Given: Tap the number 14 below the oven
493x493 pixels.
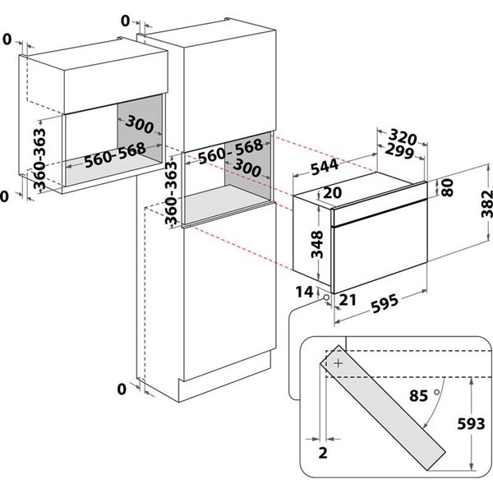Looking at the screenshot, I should pyautogui.click(x=305, y=292).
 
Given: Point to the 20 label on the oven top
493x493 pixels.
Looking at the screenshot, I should pyautogui.click(x=309, y=193).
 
